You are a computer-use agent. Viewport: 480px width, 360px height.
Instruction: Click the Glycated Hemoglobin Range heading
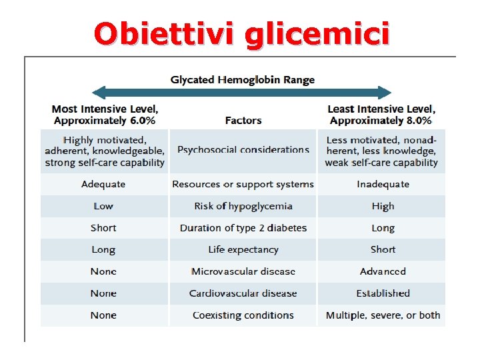pos(243,80)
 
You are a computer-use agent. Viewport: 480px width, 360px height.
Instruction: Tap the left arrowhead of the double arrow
pos(98,93)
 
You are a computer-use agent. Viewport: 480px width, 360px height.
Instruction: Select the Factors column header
pos(243,121)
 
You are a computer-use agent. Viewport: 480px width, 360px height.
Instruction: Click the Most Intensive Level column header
pos(105,115)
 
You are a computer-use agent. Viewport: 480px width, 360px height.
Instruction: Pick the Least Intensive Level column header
pos(381,115)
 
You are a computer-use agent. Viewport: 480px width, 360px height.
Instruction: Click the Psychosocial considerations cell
pos(243,150)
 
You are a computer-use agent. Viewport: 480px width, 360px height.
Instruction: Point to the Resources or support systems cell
pos(243,184)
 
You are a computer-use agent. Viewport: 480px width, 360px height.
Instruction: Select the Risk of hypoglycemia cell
pos(243,206)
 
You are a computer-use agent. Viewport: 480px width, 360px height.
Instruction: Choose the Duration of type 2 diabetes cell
pos(243,228)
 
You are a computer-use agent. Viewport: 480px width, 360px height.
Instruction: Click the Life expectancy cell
pos(243,249)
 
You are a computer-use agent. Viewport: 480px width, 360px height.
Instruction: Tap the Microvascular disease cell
pos(243,271)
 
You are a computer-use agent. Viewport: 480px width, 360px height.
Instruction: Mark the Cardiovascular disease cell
pos(243,293)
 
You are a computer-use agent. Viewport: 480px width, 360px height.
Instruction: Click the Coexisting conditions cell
pos(243,315)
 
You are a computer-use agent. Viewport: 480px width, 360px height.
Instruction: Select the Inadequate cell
pos(383,184)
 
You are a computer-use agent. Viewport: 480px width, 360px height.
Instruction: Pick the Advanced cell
pos(383,271)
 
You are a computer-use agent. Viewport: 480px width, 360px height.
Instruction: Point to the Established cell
pos(383,293)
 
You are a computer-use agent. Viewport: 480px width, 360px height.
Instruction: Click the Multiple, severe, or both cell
pos(383,315)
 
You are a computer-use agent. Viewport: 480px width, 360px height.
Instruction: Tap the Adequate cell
pos(103,184)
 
